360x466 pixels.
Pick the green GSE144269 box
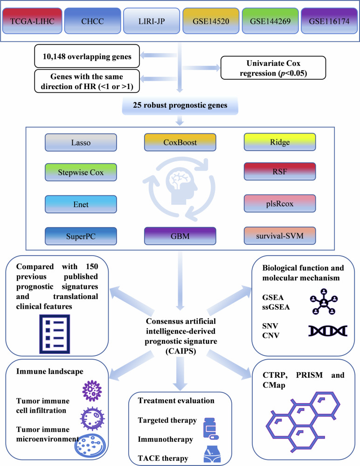click(268, 22)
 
